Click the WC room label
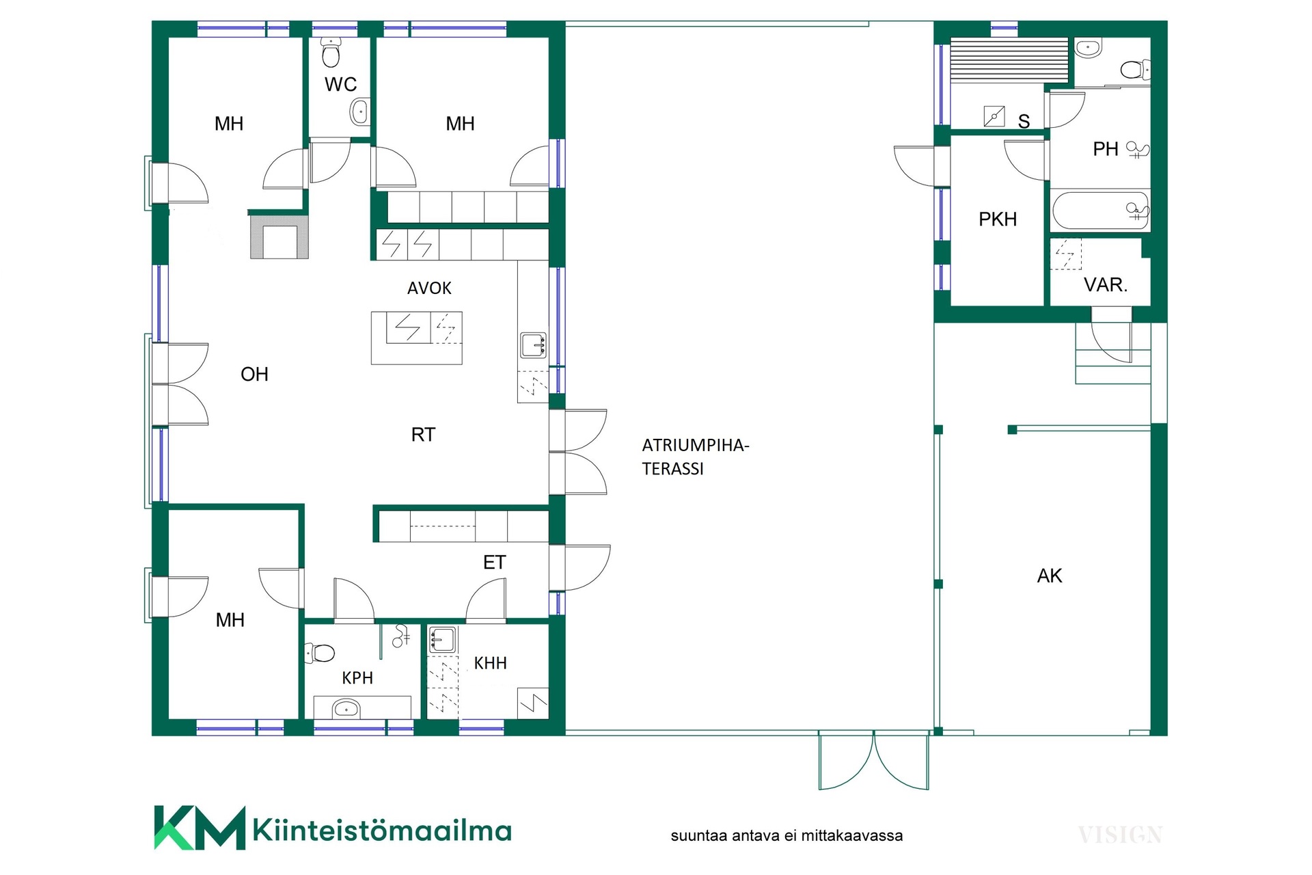[x=340, y=84]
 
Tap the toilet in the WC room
[x=331, y=52]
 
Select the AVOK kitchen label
[x=429, y=288]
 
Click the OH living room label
[x=254, y=374]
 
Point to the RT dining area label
[x=423, y=435]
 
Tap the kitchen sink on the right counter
[x=533, y=346]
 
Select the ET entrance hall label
[x=494, y=563]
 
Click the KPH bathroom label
[x=357, y=678]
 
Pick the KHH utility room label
[x=491, y=663]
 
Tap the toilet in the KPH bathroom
[x=319, y=653]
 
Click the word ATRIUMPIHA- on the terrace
[x=696, y=446]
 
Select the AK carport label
[x=1050, y=576]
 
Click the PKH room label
[x=998, y=219]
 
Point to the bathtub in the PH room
[x=1100, y=211]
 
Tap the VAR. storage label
[x=1106, y=285]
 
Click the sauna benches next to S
[x=1009, y=60]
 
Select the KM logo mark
[x=200, y=828]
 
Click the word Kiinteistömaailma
[x=382, y=830]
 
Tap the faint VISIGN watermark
[x=1120, y=835]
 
